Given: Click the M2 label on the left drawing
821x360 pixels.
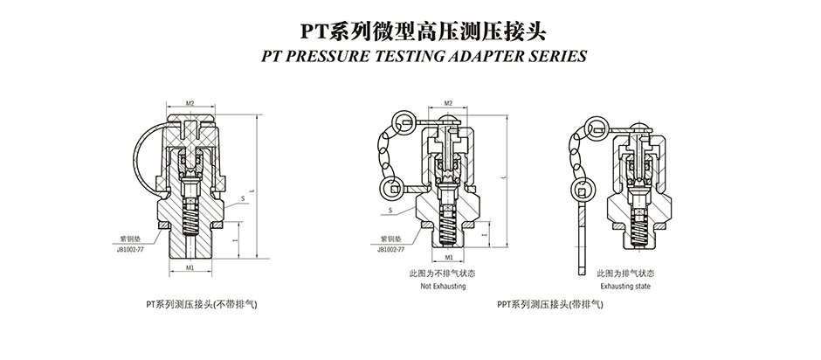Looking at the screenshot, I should [x=190, y=103].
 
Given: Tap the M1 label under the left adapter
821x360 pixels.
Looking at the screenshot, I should [x=190, y=267].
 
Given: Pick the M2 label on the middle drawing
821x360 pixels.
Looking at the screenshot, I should [x=448, y=103].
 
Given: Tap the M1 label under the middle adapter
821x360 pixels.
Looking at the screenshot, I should [x=448, y=259].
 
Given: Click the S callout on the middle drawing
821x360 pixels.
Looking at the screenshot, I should [x=387, y=210].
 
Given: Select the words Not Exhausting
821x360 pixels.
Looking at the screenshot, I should [x=444, y=286].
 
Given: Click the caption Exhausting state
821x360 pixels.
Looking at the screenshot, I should [x=626, y=286].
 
